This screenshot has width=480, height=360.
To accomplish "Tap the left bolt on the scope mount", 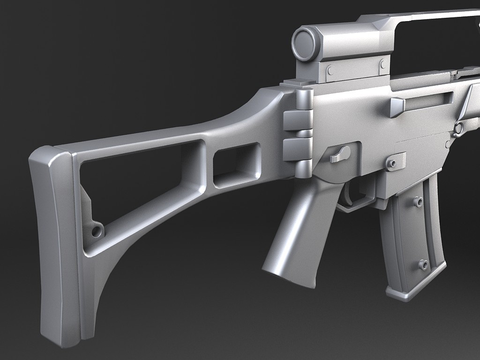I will point(330,70).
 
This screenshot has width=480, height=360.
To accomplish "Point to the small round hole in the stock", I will point(97,231).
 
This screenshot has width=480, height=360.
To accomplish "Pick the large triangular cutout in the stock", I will point(131,187).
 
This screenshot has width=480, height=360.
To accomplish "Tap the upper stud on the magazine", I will point(417,202).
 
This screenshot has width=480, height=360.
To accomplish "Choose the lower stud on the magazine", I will point(423,265).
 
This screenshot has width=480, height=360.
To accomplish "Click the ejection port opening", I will point(429,100).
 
